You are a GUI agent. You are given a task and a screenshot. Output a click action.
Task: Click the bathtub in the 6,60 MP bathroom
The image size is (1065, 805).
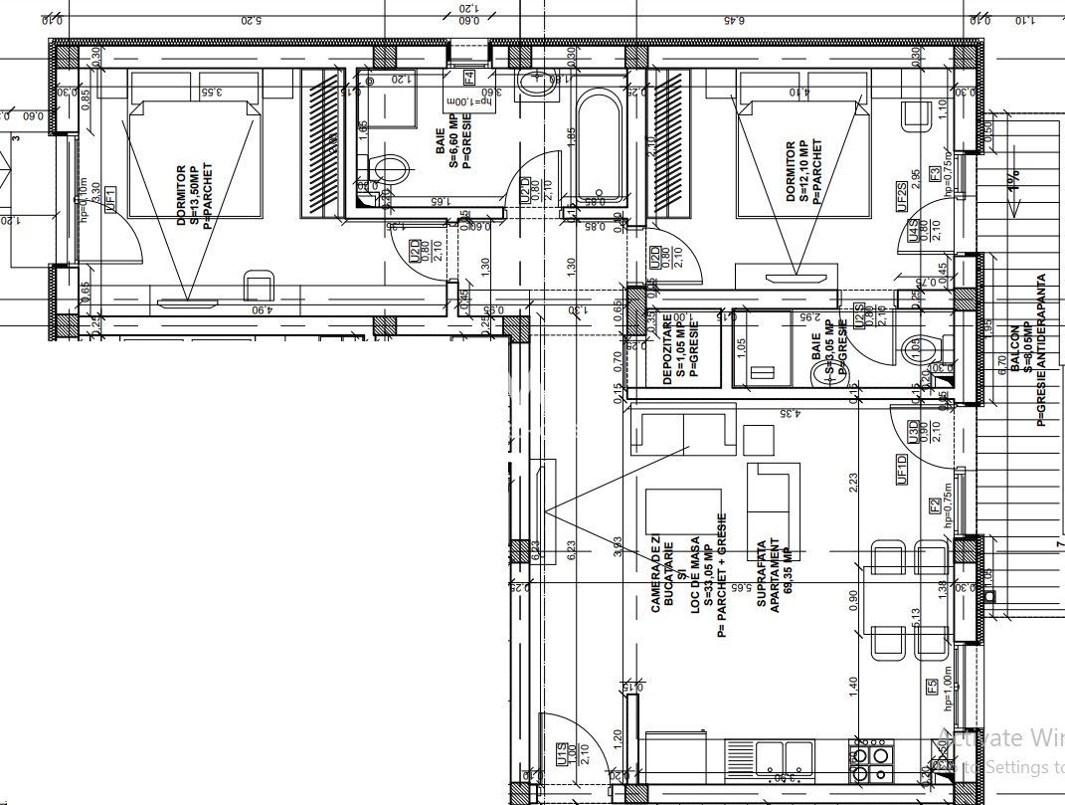click(596, 145)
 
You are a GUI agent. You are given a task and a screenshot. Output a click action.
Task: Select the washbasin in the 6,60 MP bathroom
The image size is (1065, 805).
click(538, 85)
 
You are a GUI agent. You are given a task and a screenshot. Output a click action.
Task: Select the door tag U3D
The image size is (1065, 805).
click(912, 432)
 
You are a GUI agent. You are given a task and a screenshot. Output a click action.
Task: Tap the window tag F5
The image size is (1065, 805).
click(932, 687)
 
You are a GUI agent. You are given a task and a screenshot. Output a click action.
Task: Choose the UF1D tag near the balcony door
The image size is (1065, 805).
click(902, 468)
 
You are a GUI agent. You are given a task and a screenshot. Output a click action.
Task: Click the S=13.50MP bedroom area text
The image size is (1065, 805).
click(195, 195)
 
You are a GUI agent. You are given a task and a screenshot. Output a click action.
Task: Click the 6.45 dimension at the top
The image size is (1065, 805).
click(732, 19)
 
